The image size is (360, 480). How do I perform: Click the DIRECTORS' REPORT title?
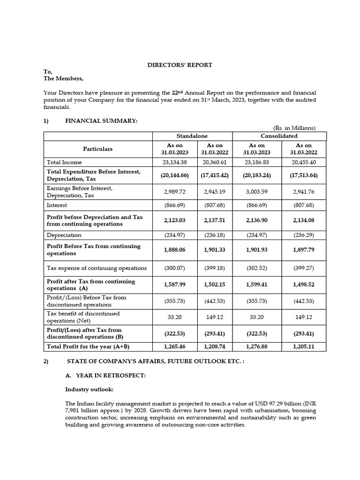coord(180,65)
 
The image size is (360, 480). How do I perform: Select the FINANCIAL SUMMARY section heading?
coord(101,121)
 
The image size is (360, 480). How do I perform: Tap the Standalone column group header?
coord(193,136)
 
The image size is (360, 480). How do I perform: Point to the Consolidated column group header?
coord(280,136)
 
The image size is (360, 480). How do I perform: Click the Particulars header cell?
coord(98,149)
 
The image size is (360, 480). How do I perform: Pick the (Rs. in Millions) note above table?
coord(294,128)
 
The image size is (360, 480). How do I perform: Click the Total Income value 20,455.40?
coord(303,162)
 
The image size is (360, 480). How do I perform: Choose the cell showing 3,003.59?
coord(256,191)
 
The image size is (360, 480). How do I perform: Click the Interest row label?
coord(57,205)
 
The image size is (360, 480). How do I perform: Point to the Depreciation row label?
coord(64,235)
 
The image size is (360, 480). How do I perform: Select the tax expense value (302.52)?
coord(256,268)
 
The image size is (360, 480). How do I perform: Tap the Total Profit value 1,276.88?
coord(256,346)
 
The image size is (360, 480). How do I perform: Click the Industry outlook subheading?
coord(86,390)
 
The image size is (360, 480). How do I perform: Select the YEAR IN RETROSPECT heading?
coord(105,375)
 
